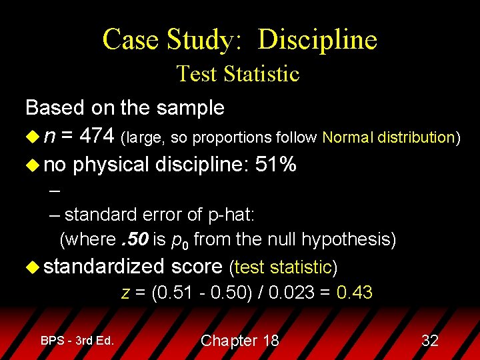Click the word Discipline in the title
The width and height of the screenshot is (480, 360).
click(x=317, y=40)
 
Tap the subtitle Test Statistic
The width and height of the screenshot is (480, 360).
click(x=238, y=73)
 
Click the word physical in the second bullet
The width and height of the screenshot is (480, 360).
click(x=111, y=165)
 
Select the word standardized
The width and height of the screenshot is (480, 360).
click(x=105, y=267)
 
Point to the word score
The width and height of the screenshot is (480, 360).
click(x=197, y=267)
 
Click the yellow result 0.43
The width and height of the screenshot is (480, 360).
click(x=355, y=292)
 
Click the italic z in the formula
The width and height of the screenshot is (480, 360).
click(x=125, y=292)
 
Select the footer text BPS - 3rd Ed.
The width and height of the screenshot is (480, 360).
click(x=77, y=341)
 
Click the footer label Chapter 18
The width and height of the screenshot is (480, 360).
click(x=240, y=341)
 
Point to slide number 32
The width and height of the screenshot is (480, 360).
click(x=430, y=341)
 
